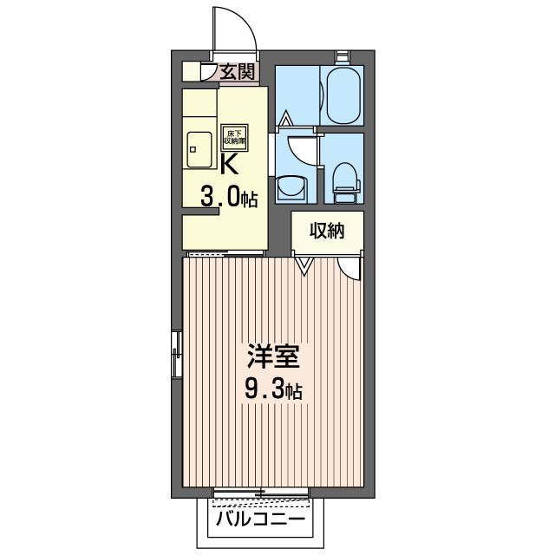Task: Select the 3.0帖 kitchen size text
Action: (229, 198)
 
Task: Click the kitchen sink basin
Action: (200, 151)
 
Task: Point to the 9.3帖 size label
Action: (272, 389)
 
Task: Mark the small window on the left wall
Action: (177, 354)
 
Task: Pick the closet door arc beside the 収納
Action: (349, 268)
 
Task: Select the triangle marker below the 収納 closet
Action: (304, 264)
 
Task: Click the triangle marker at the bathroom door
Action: (285, 116)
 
